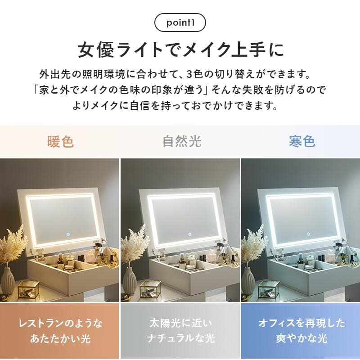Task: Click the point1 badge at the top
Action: coord(180,22)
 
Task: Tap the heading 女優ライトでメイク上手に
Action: coord(180,49)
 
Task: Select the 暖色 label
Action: coord(60,142)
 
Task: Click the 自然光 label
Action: coord(181,142)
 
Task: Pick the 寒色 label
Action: coord(301,142)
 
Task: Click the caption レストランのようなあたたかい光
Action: coord(60,331)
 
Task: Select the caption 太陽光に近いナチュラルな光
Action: coord(180,331)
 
